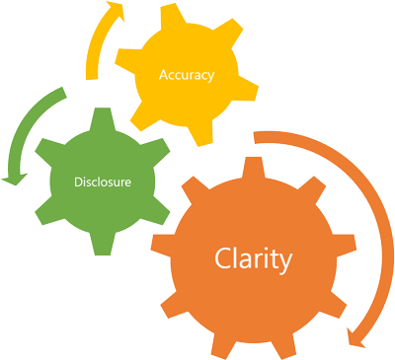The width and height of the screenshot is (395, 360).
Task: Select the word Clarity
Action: click(254, 260)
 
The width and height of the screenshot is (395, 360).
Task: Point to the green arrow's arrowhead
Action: click(13, 177)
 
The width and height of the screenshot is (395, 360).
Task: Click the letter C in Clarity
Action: click(222, 259)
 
